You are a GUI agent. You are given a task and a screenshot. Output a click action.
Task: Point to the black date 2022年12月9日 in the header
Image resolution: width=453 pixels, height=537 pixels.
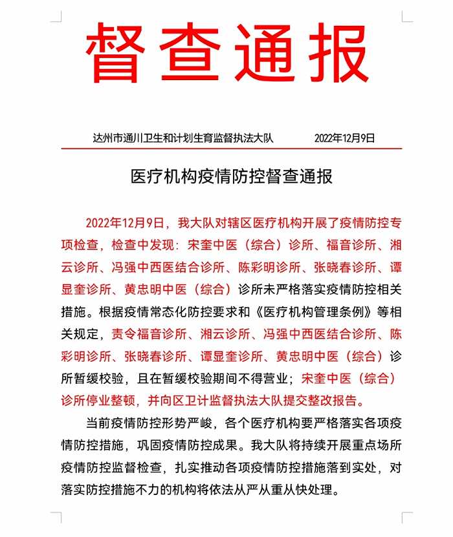tap(344, 138)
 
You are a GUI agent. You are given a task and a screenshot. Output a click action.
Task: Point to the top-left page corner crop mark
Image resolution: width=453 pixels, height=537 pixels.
tap(57, 16)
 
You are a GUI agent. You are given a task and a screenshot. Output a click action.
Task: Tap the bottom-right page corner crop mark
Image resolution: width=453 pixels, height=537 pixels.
tap(406, 518)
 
